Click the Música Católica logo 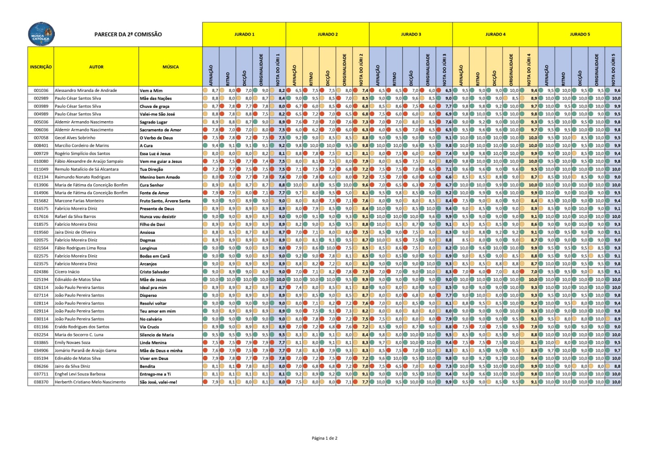(x=41, y=34)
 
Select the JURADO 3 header (x=411, y=34)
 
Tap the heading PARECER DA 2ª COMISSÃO (x=128, y=34)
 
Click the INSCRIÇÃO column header (x=41, y=67)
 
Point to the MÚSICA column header (x=171, y=67)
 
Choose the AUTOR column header (x=96, y=67)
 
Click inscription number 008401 (x=41, y=146)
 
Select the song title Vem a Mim (x=151, y=91)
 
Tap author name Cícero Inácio (x=67, y=272)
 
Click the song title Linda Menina (x=153, y=342)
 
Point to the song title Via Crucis (x=149, y=327)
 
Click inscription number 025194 (x=41, y=279)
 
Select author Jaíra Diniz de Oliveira (x=75, y=232)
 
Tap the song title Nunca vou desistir (x=158, y=216)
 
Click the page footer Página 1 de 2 (x=325, y=438)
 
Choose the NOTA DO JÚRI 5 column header (x=613, y=69)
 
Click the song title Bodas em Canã (x=155, y=256)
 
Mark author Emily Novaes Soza (x=72, y=342)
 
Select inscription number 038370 (x=41, y=382)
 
